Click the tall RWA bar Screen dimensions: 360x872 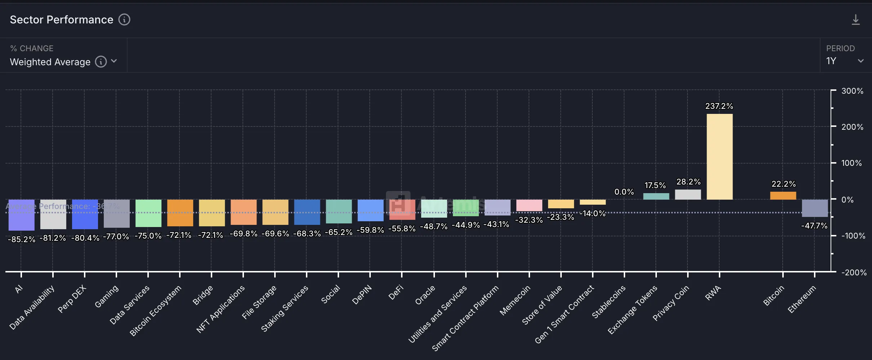pyautogui.click(x=719, y=157)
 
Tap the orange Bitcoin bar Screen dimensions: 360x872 pyautogui.click(x=783, y=196)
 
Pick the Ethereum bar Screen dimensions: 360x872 pyautogui.click(x=815, y=208)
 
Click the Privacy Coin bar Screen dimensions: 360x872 pyautogui.click(x=688, y=195)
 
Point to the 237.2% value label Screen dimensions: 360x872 pyautogui.click(x=719, y=106)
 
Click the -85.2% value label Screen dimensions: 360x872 pyautogui.click(x=22, y=239)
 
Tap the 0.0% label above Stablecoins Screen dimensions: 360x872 pyautogui.click(x=624, y=192)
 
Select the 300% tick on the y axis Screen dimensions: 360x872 pyautogui.click(x=852, y=91)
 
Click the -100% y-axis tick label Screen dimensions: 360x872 pyautogui.click(x=853, y=236)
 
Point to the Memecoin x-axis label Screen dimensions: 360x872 pyautogui.click(x=515, y=300)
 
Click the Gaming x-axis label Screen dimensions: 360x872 pyautogui.click(x=107, y=296)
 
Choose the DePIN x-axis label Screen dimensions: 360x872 pyautogui.click(x=362, y=295)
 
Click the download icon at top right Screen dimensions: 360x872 pyautogui.click(x=855, y=20)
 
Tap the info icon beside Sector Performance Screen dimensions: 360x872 pyautogui.click(x=124, y=19)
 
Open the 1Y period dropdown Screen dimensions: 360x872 pyautogui.click(x=845, y=61)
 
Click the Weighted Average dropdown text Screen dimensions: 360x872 pyautogui.click(x=50, y=62)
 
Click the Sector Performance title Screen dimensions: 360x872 pyautogui.click(x=61, y=19)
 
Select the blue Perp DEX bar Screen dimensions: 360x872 pyautogui.click(x=85, y=214)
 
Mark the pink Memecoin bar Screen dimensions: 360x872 pyautogui.click(x=529, y=205)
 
